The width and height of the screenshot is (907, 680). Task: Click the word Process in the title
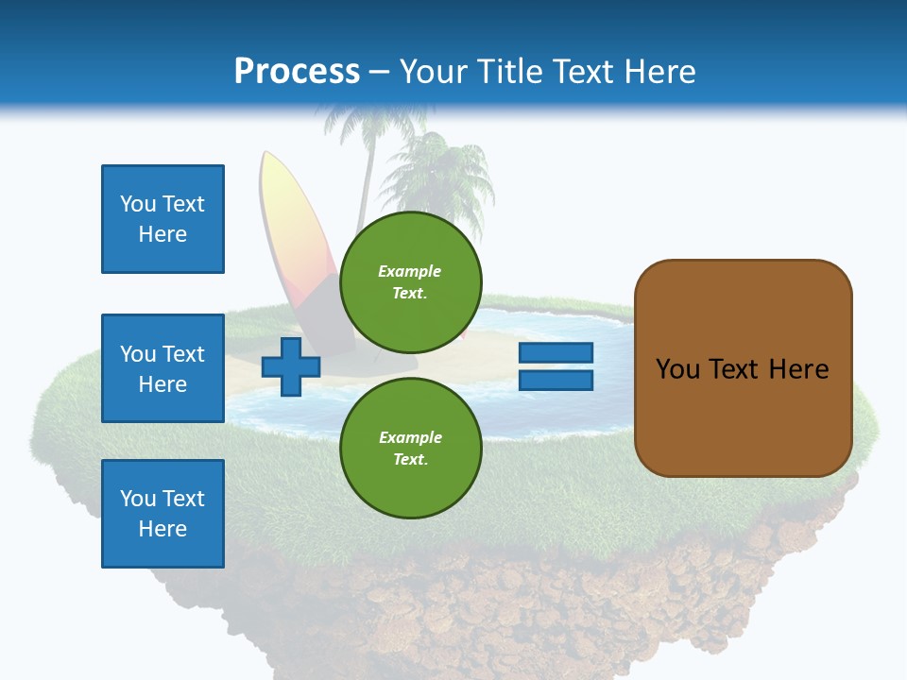pos(297,72)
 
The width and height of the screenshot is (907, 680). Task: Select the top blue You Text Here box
pos(163,219)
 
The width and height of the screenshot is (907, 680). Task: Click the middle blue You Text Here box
pos(163,368)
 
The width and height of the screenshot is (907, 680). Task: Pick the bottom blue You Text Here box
pos(163,514)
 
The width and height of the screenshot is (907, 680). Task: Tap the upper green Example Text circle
pos(411,281)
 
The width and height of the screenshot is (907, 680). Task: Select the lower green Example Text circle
pos(411,448)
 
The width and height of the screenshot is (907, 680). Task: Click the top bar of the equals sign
pos(556,353)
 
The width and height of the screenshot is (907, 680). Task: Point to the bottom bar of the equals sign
pos(556,381)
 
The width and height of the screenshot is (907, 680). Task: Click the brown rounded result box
pos(743,368)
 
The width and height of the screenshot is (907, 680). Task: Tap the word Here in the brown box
pos(798,369)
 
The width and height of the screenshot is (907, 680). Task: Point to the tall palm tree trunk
pos(365,189)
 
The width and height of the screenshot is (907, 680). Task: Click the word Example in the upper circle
pos(410,271)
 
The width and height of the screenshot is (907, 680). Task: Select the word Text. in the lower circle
pos(410,460)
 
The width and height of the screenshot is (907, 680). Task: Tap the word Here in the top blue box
pos(163,234)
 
